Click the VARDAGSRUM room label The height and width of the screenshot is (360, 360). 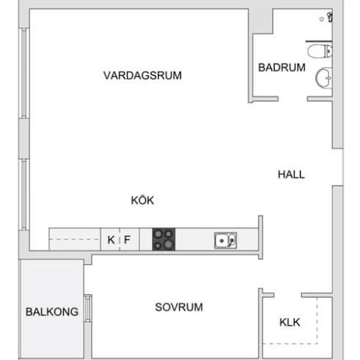142,75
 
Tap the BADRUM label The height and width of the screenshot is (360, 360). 281,67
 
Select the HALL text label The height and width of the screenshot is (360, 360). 291,174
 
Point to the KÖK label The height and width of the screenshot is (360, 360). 142,200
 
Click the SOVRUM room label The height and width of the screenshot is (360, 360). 179,307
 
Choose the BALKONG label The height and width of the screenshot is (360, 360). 52,312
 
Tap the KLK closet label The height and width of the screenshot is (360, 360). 290,322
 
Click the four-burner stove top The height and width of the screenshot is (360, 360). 164,239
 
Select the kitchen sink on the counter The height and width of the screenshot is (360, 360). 225,240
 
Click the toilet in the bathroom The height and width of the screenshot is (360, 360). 320,51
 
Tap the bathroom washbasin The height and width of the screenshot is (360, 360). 324,78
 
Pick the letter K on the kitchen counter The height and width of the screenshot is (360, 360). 111,240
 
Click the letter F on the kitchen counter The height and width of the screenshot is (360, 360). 127,240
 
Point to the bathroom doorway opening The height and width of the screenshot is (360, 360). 293,99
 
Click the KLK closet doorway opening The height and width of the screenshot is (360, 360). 288,295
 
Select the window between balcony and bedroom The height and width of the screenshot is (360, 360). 88,308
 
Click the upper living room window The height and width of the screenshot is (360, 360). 24,73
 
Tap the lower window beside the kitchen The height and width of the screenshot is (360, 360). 24,194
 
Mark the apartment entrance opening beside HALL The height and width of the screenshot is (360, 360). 338,167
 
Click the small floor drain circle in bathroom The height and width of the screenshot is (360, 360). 321,19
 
